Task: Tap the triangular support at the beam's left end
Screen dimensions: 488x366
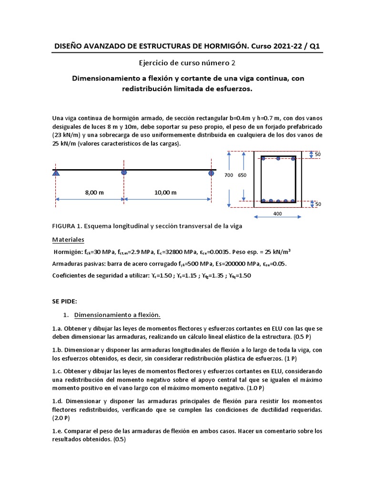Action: pyautogui.click(x=56, y=173)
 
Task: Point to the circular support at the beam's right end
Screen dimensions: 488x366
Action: pyautogui.click(x=211, y=173)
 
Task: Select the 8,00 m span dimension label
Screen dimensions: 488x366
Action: pyautogui.click(x=94, y=193)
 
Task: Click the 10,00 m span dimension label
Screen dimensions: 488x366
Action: pyautogui.click(x=165, y=193)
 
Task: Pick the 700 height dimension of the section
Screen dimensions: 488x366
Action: pyautogui.click(x=229, y=175)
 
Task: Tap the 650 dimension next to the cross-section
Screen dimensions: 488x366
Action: pyautogui.click(x=242, y=175)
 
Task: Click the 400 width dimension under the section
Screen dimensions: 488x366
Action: pyautogui.click(x=278, y=214)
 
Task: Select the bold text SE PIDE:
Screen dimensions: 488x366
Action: pyautogui.click(x=64, y=302)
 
